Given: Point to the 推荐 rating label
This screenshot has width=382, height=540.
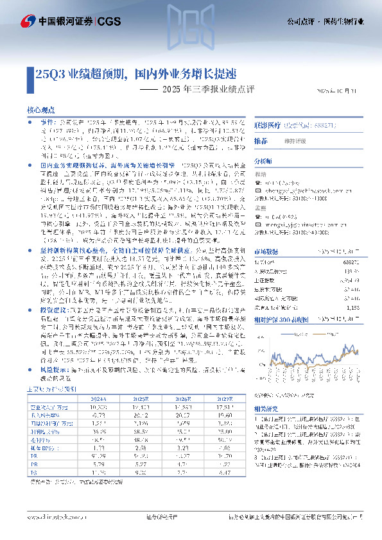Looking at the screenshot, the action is (x=261, y=140).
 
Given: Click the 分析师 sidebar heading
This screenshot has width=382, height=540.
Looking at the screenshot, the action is (x=263, y=162).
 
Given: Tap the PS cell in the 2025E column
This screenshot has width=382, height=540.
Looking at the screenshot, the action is (x=140, y=472).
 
